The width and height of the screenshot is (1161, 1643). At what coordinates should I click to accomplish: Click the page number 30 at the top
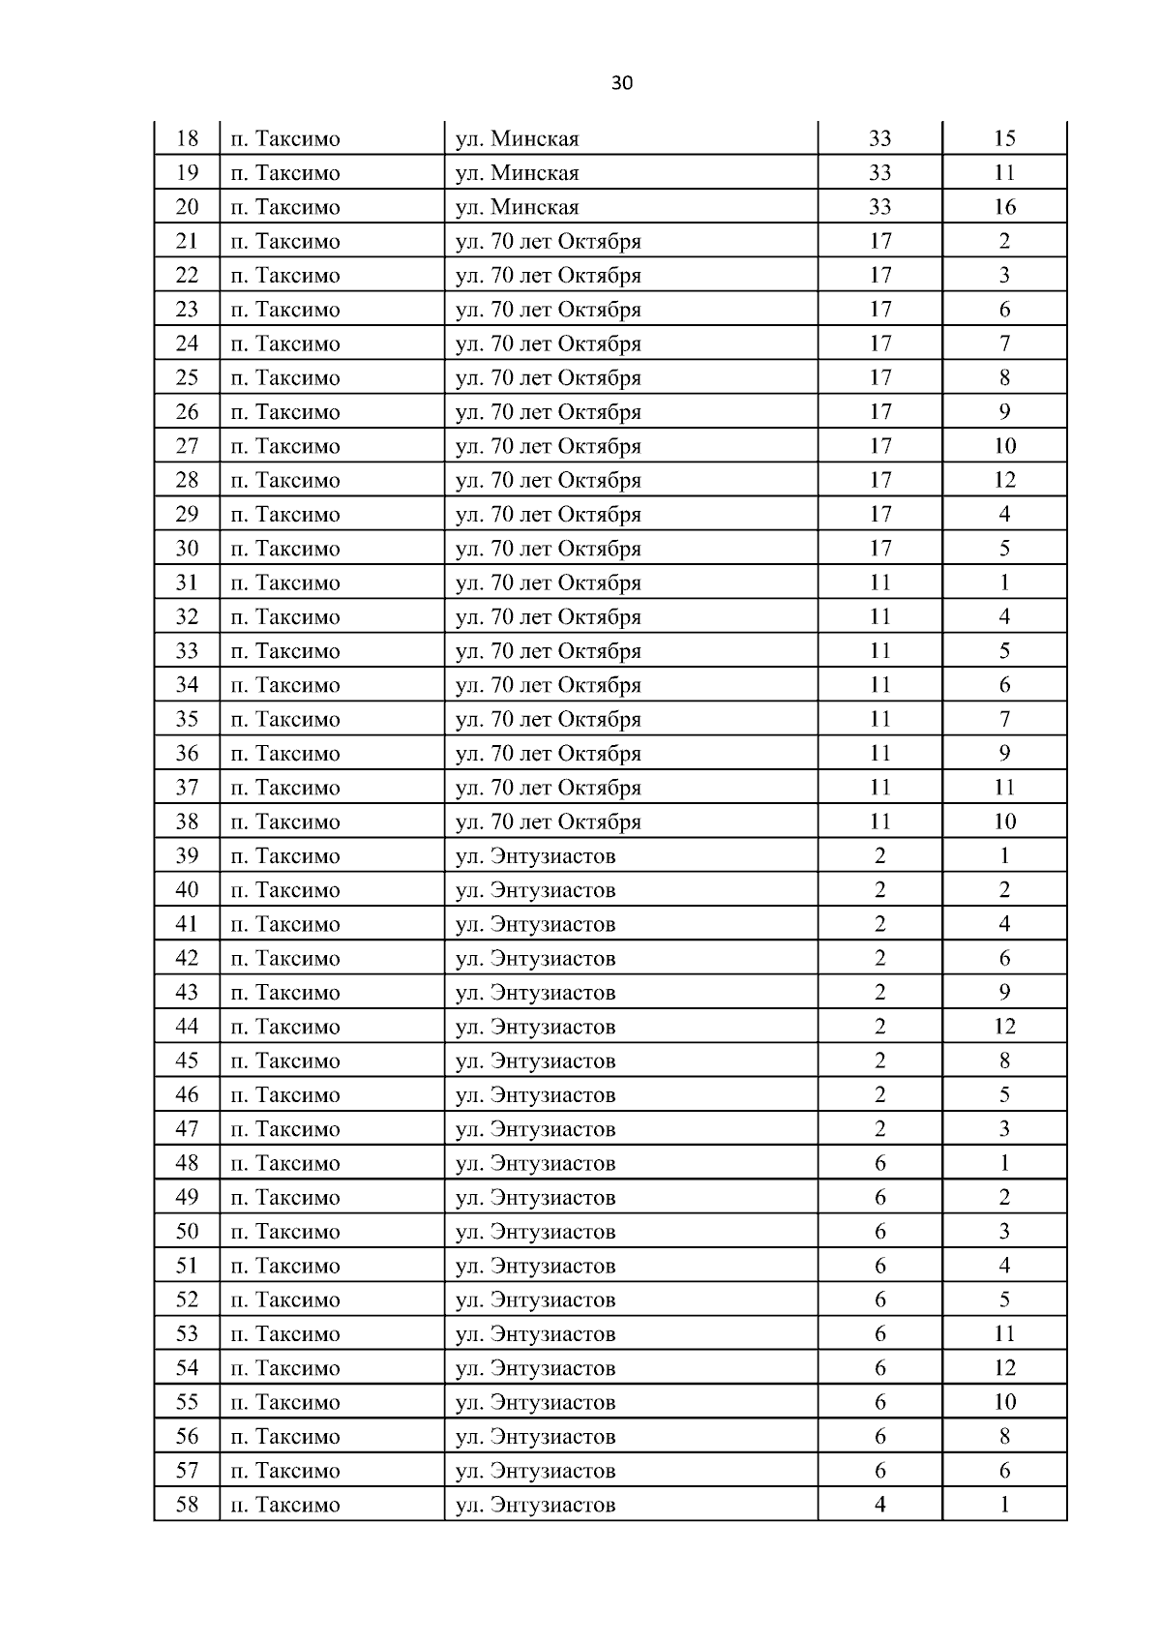[x=622, y=83]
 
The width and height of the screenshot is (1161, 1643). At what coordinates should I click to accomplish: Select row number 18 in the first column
[x=187, y=138]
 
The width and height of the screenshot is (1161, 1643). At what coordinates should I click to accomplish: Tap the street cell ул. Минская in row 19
[x=517, y=173]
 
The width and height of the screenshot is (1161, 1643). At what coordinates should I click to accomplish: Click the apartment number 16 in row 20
[x=1004, y=207]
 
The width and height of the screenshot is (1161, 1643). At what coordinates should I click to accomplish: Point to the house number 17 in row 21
[x=879, y=241]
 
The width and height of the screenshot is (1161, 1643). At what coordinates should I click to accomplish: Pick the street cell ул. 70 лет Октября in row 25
[x=548, y=377]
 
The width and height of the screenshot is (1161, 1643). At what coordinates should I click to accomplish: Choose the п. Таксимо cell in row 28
[x=285, y=480]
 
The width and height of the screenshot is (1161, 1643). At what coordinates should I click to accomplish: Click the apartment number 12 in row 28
[x=1004, y=480]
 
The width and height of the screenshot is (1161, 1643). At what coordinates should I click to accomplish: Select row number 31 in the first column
[x=187, y=583]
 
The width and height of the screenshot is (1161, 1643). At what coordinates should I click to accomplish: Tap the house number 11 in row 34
[x=879, y=685]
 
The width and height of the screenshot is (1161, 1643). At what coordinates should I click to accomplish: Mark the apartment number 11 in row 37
[x=1004, y=788]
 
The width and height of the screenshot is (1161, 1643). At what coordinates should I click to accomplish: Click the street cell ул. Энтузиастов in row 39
[x=535, y=856]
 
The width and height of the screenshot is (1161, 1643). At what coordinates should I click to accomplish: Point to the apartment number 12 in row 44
[x=1004, y=1027]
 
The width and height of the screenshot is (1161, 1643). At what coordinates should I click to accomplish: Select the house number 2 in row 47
[x=879, y=1129]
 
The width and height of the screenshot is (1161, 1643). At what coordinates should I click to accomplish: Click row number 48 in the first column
[x=187, y=1163]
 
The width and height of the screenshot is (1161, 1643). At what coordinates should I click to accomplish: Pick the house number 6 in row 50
[x=879, y=1232]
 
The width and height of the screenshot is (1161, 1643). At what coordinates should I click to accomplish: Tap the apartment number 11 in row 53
[x=1004, y=1334]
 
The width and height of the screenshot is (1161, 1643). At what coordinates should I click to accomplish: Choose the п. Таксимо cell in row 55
[x=285, y=1402]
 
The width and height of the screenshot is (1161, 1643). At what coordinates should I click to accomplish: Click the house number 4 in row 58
[x=879, y=1505]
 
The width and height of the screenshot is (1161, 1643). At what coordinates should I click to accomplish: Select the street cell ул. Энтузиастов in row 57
[x=535, y=1471]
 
